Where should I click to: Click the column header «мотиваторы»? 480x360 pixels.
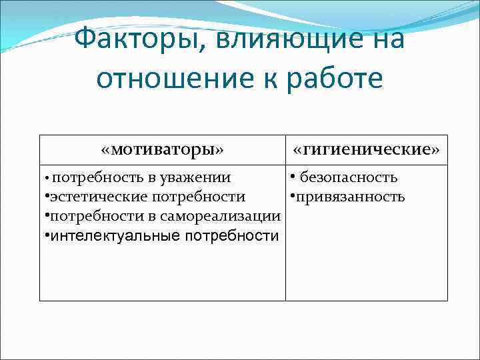(162, 149)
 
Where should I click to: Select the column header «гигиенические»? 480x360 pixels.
(367, 149)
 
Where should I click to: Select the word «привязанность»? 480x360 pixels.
(350, 197)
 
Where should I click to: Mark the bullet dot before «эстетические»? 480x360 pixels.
(45, 197)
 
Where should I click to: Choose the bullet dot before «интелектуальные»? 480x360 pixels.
(45, 236)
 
